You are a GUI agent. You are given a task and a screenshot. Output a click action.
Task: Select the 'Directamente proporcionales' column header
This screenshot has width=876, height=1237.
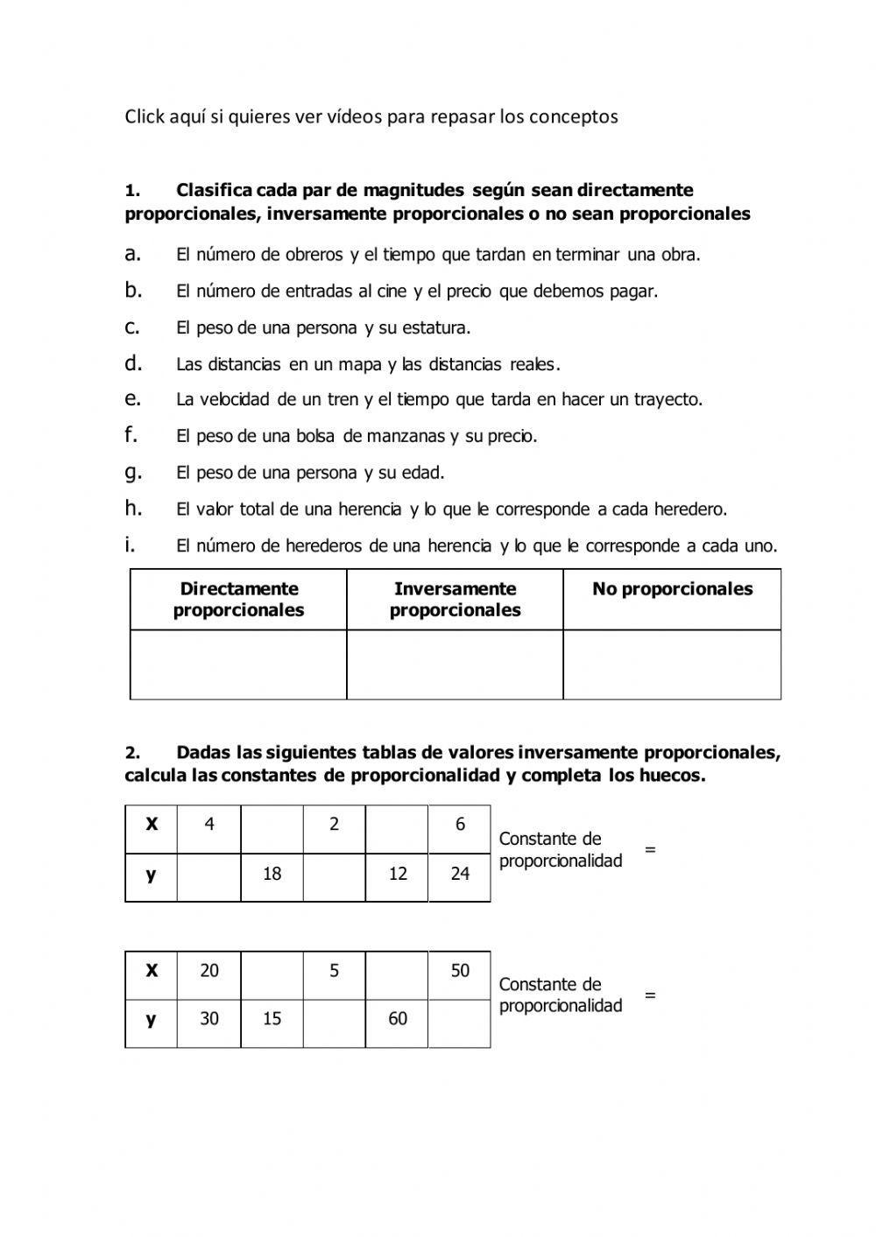click(238, 600)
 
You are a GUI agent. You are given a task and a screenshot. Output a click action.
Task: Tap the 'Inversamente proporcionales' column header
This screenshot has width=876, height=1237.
click(455, 600)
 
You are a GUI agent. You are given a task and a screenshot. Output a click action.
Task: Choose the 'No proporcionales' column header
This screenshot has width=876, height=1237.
click(672, 589)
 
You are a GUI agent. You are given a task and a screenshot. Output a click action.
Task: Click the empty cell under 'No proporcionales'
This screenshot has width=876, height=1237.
click(672, 664)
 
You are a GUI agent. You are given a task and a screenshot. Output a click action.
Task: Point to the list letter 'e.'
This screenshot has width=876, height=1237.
click(133, 399)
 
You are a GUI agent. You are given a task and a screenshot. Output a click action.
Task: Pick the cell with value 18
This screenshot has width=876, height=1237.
click(272, 874)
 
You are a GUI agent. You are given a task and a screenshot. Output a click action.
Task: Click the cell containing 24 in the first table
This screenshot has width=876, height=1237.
click(460, 874)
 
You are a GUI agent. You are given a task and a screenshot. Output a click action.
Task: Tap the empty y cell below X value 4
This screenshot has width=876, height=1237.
click(208, 878)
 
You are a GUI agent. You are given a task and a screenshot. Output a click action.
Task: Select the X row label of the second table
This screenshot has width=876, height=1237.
click(152, 971)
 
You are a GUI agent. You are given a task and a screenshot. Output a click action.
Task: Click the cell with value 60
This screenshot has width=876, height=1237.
click(398, 1019)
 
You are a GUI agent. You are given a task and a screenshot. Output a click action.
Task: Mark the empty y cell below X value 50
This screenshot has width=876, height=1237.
click(460, 1023)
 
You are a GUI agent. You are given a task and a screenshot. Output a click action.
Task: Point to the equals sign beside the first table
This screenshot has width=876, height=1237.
click(650, 849)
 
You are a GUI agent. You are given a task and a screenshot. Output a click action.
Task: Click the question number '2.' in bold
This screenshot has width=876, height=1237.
click(131, 753)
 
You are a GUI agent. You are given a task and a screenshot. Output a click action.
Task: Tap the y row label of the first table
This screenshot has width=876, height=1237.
click(152, 874)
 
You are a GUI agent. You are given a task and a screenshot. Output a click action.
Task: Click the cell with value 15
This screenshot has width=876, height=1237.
click(272, 1019)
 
